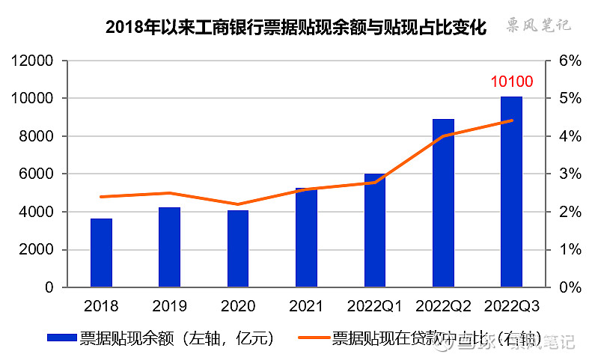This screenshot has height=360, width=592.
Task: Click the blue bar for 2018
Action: [x=101, y=253]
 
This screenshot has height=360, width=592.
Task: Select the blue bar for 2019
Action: [x=169, y=247]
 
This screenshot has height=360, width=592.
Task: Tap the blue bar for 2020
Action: [x=237, y=248]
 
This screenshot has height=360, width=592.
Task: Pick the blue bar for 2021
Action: [x=306, y=237]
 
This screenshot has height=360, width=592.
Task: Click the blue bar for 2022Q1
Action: [x=375, y=231]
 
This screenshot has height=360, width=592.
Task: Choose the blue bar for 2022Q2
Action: [x=443, y=203]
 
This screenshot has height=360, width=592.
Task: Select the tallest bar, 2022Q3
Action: [x=511, y=192]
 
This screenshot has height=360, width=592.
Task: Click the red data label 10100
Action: [x=511, y=81]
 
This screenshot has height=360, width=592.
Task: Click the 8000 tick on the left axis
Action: [x=37, y=136]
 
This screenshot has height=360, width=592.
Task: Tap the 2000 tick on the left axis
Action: [x=37, y=249]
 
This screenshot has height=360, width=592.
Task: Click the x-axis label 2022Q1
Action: [x=375, y=306]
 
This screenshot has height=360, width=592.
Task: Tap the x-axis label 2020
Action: [x=237, y=306]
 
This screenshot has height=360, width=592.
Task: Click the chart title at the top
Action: [x=296, y=28]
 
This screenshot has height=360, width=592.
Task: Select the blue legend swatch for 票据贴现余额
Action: [x=61, y=338]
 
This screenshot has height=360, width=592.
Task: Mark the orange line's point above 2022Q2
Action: [x=443, y=136]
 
